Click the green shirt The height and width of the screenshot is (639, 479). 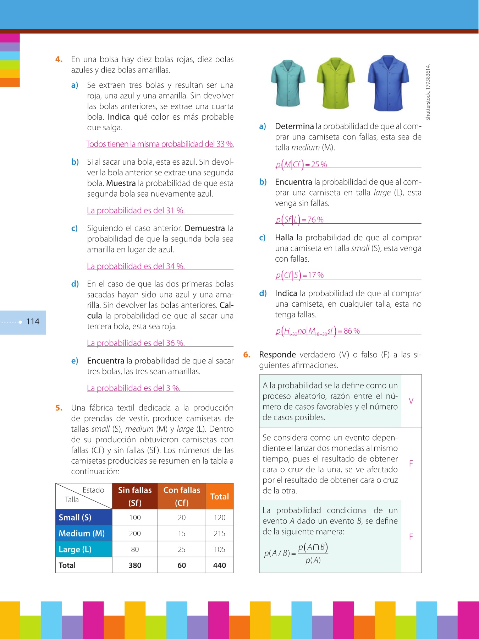click(335, 83)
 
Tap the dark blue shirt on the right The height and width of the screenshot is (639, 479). click(389, 83)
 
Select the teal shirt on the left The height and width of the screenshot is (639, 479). click(288, 83)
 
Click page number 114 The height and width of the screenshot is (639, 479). click(33, 322)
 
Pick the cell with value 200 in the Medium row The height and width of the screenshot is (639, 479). click(135, 534)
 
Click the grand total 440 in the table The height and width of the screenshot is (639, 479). click(220, 565)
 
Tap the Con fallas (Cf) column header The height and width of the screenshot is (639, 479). click(182, 496)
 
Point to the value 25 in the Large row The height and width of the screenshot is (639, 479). click(182, 550)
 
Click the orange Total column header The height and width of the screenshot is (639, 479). click(220, 496)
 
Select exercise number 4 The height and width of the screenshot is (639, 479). click(59, 59)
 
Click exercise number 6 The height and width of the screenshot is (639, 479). click(247, 355)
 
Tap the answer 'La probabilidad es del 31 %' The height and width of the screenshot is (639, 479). click(136, 211)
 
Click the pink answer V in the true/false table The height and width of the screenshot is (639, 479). click(411, 401)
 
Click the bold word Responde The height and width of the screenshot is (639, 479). click(277, 355)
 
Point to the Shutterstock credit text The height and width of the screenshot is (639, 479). click(428, 92)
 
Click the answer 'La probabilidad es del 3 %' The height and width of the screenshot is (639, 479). click(134, 388)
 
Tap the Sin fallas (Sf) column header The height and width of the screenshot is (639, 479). click(135, 496)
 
